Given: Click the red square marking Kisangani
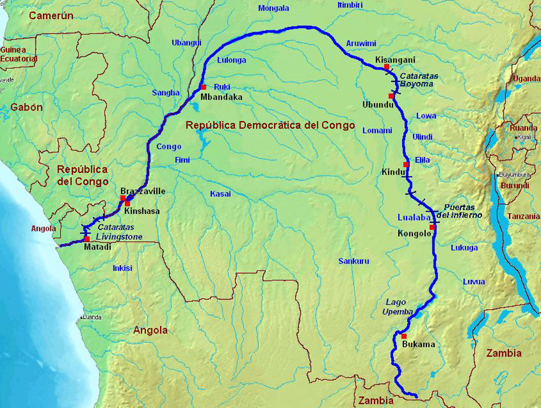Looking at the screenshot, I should pos(386,67).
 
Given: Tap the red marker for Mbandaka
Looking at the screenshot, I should pos(203,87).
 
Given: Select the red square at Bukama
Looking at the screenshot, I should pos(403,336).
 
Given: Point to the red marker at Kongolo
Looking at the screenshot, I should pos(432,227).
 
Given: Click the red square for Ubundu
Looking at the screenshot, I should pos(391,95).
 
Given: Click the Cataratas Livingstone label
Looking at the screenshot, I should pos(120,231).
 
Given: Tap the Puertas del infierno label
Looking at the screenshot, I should pos(463,211).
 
